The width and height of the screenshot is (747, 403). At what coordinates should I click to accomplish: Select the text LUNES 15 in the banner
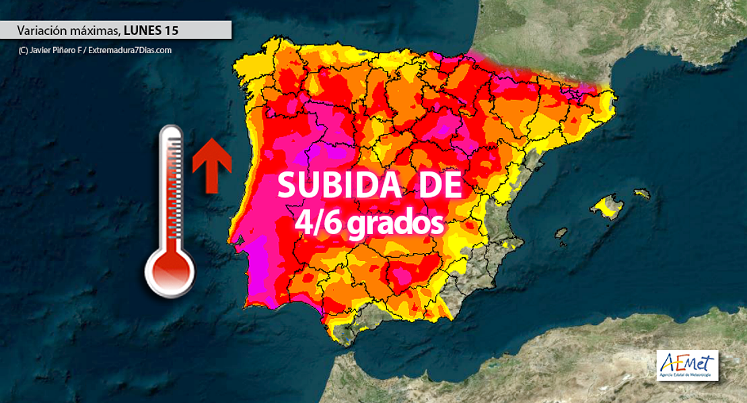(x=151, y=30)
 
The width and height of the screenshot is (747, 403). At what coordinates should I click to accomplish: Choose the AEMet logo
(x=687, y=365)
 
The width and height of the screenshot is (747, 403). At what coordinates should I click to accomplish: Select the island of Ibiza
(x=560, y=233)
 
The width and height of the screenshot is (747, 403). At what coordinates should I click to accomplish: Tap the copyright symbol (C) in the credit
(x=23, y=50)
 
